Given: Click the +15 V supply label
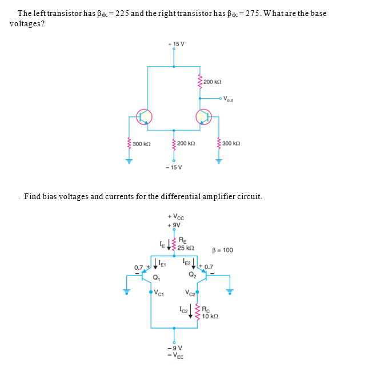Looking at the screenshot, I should coord(173,44).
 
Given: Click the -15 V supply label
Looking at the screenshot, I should coord(173,167).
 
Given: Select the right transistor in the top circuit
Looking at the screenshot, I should coord(204,117).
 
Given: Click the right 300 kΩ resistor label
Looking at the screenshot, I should coord(233,144).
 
